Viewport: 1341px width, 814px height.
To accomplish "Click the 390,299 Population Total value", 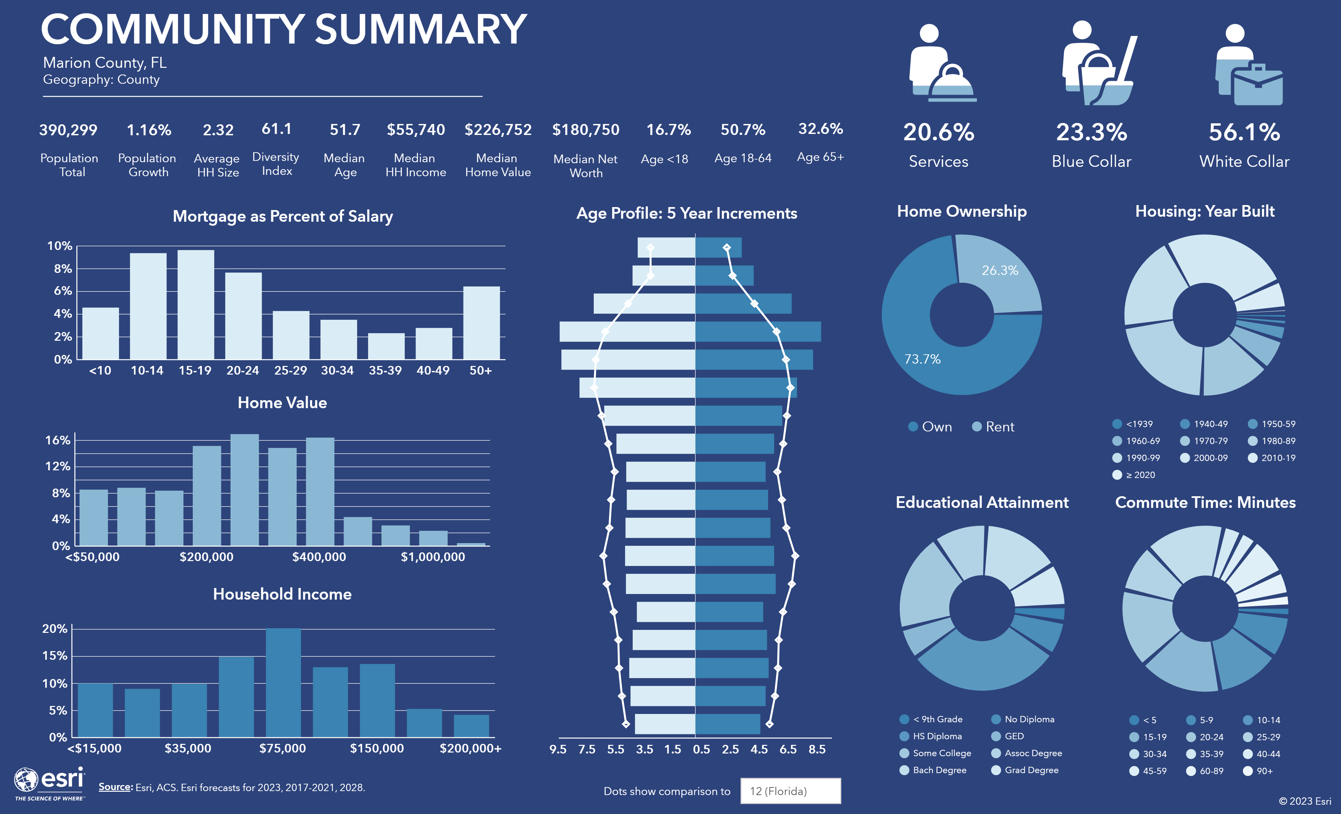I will (68, 130).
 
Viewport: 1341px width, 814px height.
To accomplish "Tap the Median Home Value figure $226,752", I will (498, 130).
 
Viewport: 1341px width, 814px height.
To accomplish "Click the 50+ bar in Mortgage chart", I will (481, 323).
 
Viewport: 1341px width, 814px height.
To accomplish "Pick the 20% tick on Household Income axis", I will (55, 629).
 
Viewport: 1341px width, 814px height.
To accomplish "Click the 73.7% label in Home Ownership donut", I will (922, 359).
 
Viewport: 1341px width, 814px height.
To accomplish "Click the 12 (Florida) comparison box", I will (790, 791).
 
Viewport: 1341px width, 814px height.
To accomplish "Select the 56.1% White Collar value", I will (1244, 132).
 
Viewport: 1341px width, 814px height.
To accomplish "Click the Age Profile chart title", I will (686, 213).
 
